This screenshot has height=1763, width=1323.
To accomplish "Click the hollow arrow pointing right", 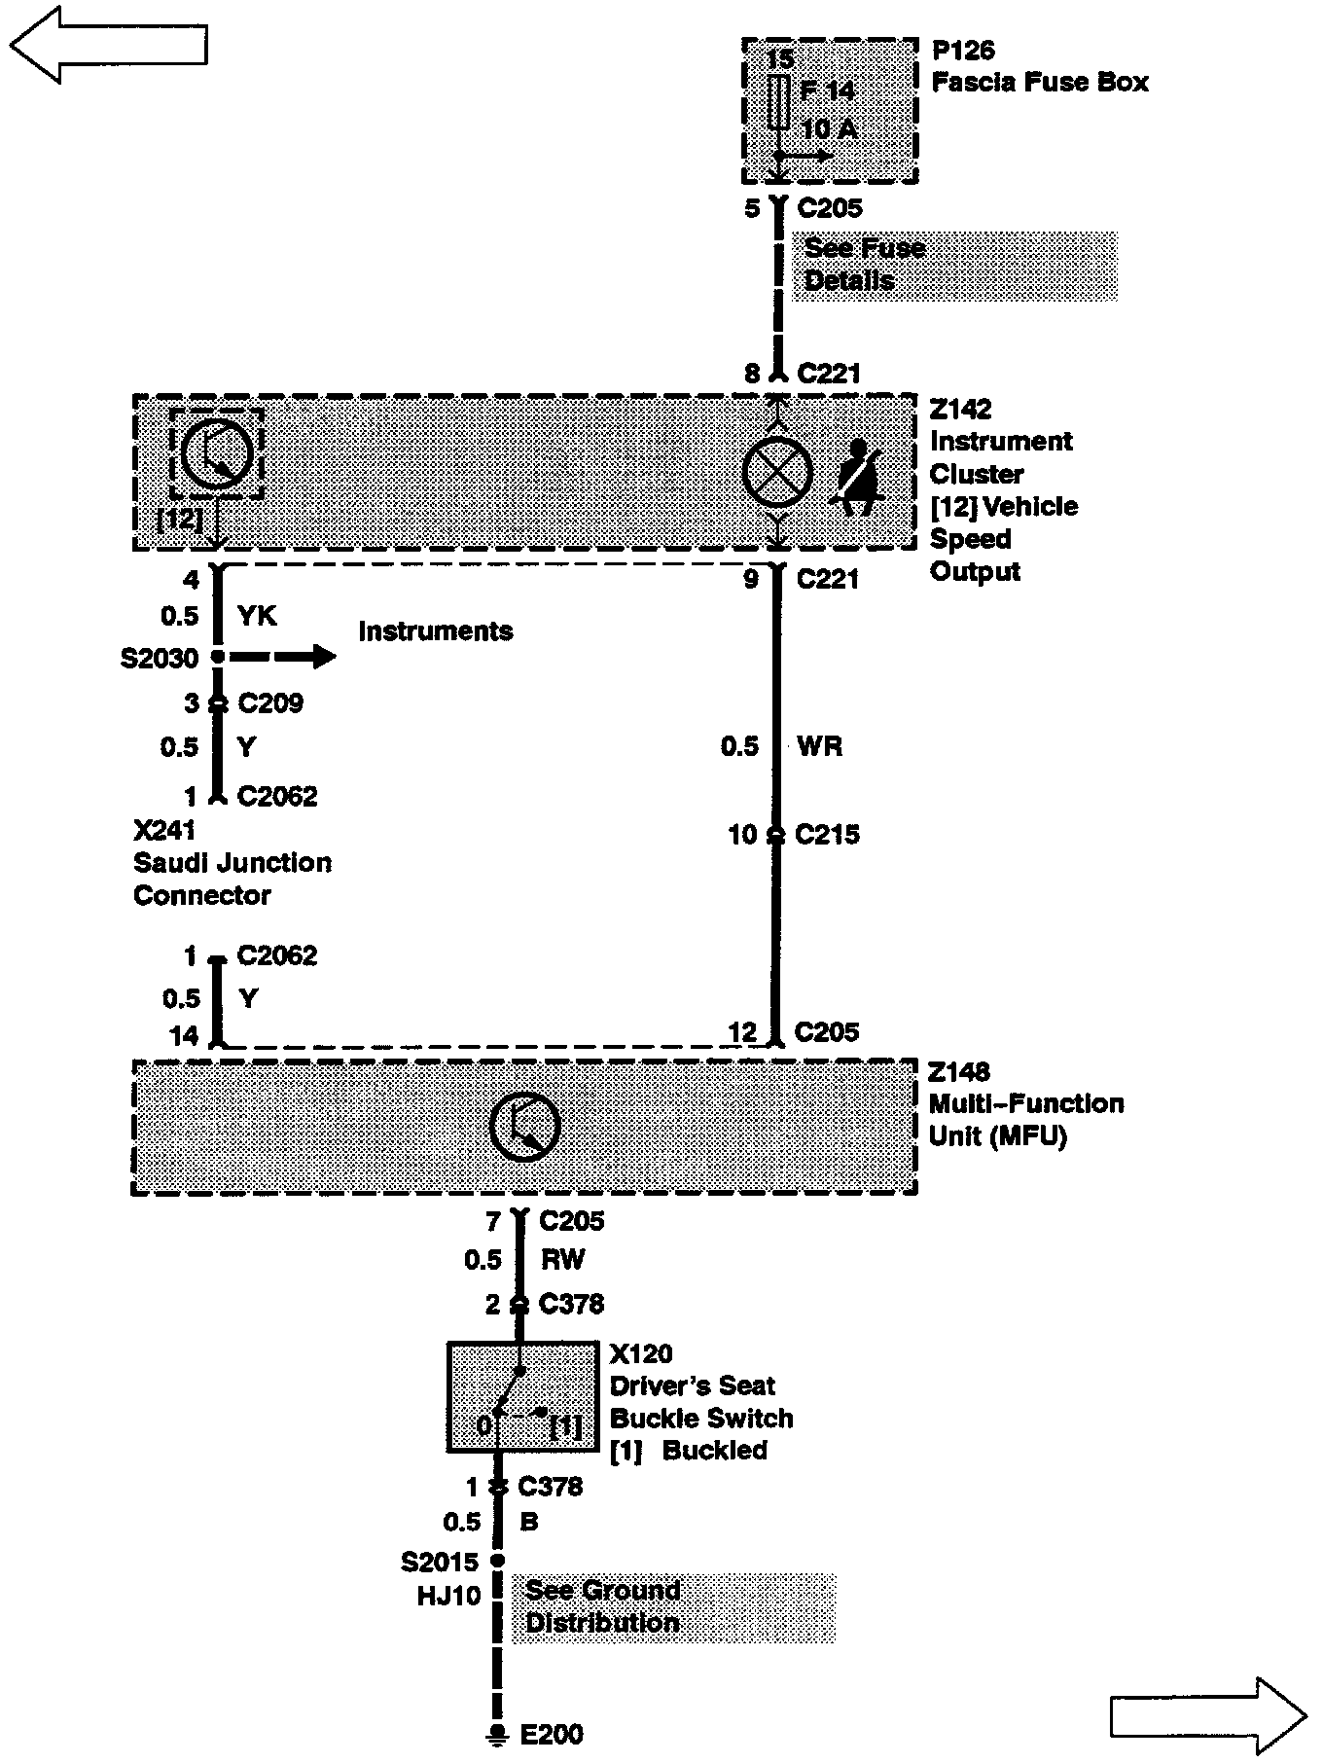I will [x=1207, y=1715].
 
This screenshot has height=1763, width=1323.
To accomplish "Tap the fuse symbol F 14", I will [x=778, y=102].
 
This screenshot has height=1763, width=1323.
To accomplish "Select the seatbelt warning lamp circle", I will [x=777, y=472].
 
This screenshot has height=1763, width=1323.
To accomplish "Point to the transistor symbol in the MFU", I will [x=525, y=1126].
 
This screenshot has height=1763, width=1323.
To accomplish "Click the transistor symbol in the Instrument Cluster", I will [x=217, y=453].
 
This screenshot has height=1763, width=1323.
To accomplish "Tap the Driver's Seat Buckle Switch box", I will [x=522, y=1397].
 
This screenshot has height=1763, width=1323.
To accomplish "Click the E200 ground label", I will [x=552, y=1734].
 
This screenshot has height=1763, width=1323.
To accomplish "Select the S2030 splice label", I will [x=160, y=659].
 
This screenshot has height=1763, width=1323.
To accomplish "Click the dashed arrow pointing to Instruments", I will [x=282, y=658].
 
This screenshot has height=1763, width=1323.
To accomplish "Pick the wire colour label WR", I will [x=819, y=746].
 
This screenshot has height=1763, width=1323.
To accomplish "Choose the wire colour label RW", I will [x=562, y=1260].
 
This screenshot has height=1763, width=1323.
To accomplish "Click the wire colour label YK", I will [x=257, y=616].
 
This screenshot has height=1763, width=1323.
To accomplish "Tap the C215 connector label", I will [x=827, y=835].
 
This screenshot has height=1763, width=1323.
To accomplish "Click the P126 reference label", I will [x=963, y=51].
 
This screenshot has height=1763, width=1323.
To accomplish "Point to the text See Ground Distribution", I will [x=603, y=1606].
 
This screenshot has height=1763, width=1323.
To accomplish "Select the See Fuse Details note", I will [x=864, y=265].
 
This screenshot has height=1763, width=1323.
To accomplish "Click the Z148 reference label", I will [x=959, y=1072].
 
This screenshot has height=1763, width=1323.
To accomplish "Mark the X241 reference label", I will [x=163, y=830].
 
